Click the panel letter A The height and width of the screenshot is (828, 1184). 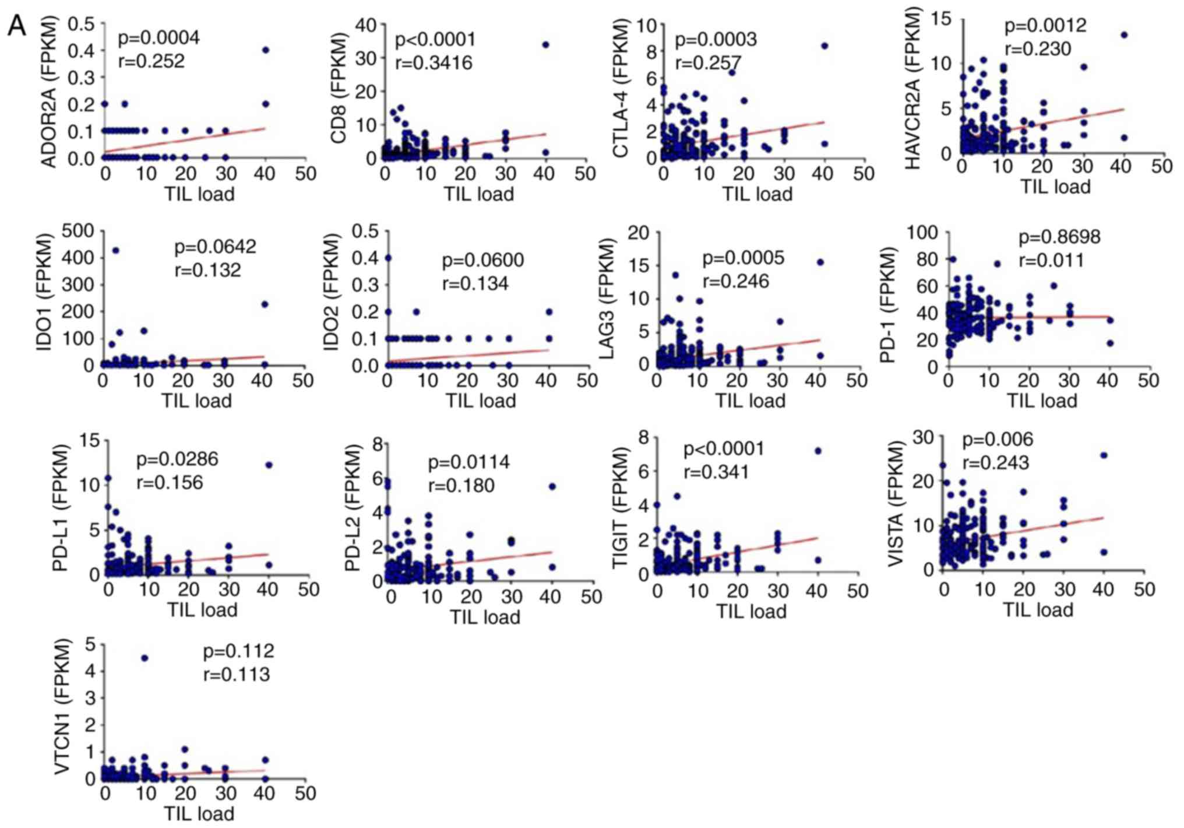[16, 26]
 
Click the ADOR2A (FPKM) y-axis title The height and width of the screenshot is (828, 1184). [50, 92]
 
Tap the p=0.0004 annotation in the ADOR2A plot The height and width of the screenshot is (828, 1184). [158, 38]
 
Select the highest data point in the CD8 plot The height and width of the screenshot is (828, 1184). [545, 45]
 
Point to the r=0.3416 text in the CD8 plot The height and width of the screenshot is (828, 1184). [434, 63]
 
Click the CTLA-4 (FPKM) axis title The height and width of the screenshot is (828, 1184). [621, 89]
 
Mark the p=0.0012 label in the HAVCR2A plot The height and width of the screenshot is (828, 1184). [1045, 26]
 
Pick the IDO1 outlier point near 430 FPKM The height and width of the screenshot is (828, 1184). [115, 251]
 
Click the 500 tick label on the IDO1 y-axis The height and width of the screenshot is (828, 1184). [77, 231]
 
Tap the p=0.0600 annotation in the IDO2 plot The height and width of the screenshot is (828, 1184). [482, 260]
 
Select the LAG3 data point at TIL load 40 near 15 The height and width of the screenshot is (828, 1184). [820, 262]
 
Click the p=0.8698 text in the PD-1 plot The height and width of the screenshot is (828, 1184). [1059, 237]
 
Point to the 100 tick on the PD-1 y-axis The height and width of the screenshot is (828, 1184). [922, 233]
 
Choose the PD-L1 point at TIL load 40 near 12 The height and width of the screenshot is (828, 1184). [269, 465]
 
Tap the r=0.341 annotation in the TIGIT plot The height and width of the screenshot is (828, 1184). [716, 472]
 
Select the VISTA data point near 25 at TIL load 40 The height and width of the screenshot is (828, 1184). [1103, 455]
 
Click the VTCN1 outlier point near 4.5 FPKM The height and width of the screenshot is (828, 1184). [145, 658]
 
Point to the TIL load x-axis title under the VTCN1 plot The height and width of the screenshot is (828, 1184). [199, 813]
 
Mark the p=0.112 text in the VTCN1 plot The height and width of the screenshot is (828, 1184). [238, 651]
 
